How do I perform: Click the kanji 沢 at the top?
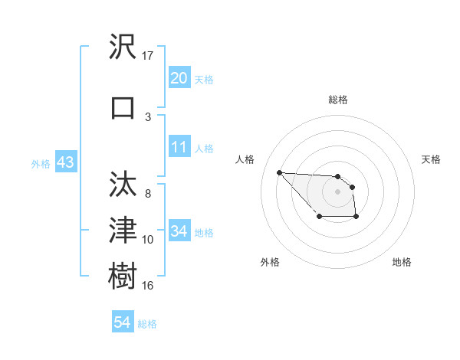[x=123, y=48]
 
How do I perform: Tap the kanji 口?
[x=123, y=108]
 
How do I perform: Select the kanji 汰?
[x=123, y=185]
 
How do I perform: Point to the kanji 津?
[x=123, y=229]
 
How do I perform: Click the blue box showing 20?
[x=179, y=77]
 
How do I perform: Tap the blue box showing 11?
[x=179, y=147]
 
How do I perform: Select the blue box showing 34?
[x=179, y=231]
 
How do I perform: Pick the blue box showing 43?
[x=65, y=163]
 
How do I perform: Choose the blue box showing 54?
[x=122, y=322]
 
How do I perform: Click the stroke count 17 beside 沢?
[x=148, y=56]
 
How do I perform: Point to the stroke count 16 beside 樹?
[x=148, y=286]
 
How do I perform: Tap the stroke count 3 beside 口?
[x=148, y=116]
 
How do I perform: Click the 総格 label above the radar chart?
[x=338, y=100]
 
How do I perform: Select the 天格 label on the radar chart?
[x=431, y=159]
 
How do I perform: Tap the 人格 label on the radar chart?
[x=245, y=159]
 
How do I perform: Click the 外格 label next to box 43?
[x=41, y=164]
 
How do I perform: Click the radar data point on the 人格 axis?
[x=279, y=172]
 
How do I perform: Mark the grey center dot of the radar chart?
[x=337, y=191]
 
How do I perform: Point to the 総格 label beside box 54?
[x=147, y=323]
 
